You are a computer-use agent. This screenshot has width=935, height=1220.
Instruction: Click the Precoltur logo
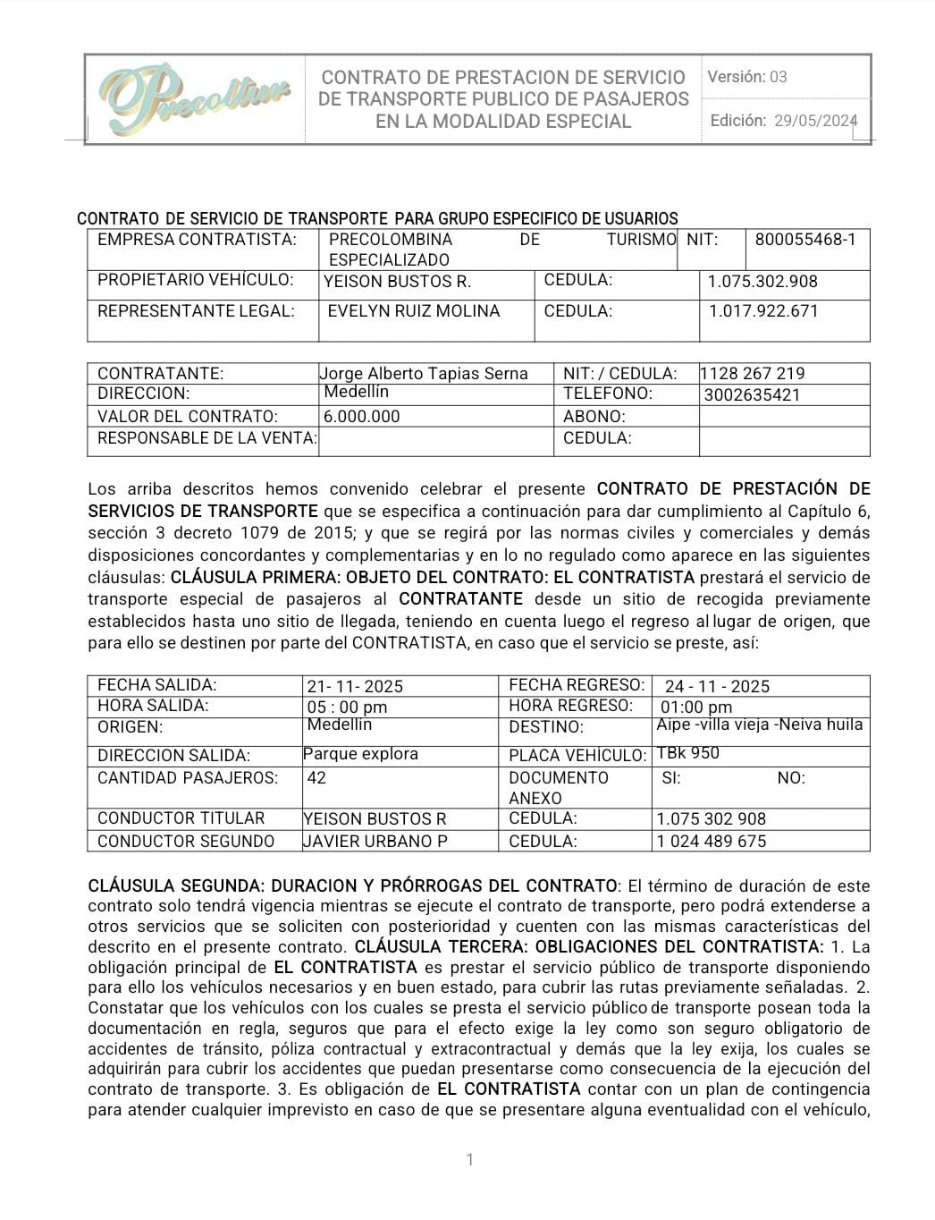pos(195,97)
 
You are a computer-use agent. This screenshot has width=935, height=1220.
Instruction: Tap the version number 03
pos(778,77)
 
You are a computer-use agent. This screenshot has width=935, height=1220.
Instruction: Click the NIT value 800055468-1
pos(804,240)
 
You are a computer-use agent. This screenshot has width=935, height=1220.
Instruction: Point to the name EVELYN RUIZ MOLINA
pos(414,311)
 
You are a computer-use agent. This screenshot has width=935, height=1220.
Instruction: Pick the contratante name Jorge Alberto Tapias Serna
pos(424,374)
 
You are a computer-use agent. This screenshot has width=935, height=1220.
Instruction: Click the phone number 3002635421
pos(752,395)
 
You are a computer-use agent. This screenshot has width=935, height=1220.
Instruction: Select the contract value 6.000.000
pos(362,417)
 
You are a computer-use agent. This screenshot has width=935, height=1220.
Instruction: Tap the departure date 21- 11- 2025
pos(355,687)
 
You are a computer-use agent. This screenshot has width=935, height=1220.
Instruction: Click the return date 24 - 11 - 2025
pos(717,687)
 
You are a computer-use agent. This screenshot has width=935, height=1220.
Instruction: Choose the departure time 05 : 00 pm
pos(347,707)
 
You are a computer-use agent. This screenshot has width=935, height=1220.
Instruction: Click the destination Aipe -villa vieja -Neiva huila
pos(759,724)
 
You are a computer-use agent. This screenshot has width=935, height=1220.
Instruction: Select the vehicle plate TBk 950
pos(687,753)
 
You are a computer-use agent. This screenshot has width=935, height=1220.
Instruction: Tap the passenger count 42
pos(316,778)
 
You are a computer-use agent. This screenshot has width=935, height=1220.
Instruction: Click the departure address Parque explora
pos(360,754)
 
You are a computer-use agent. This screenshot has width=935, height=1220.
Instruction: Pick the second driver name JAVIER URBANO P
pos(375,842)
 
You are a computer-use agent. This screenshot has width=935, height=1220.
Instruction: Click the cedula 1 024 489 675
pos(711,842)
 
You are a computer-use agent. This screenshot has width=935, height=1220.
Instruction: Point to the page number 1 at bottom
pos(469,1160)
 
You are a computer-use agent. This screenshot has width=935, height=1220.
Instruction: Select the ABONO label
pos(594,417)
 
